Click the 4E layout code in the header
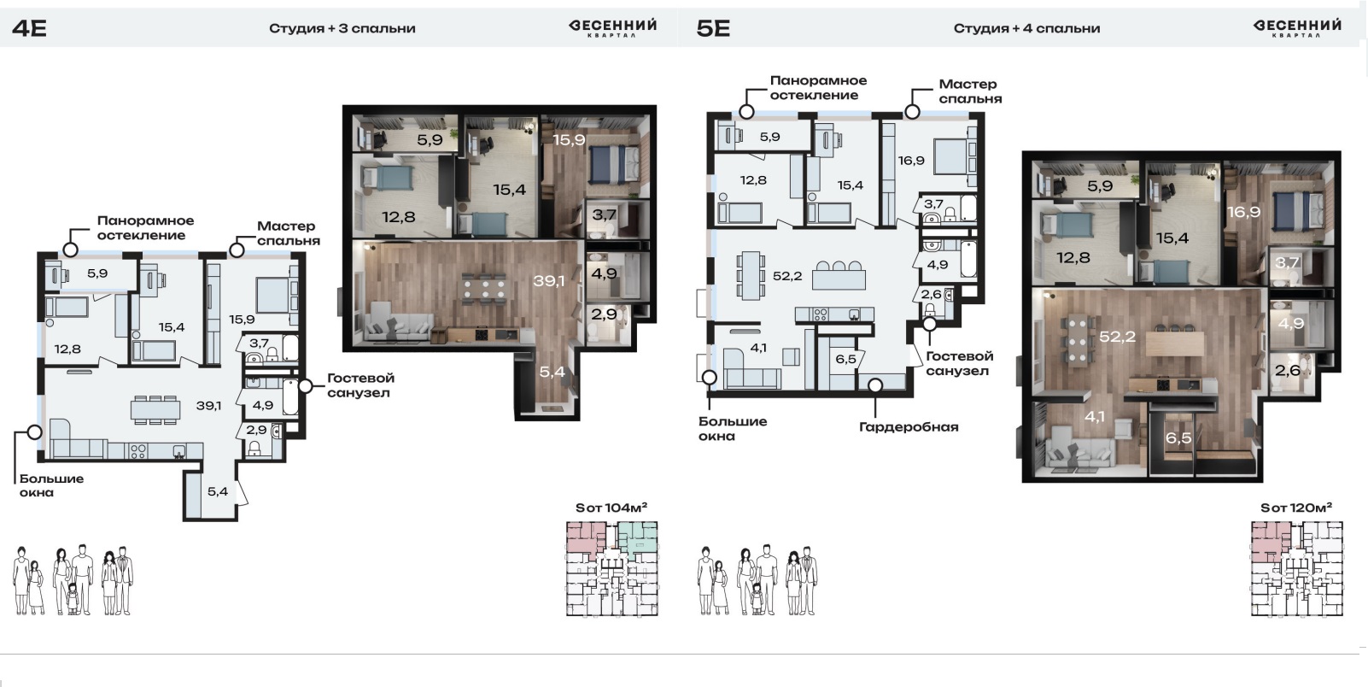(x=29, y=28)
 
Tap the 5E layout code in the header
(x=713, y=28)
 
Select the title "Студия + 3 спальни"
(x=342, y=28)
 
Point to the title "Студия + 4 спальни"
(x=1026, y=28)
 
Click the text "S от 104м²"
(x=611, y=508)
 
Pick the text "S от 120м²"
(x=1296, y=508)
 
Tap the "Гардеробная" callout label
(x=909, y=426)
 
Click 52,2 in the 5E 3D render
(x=1117, y=336)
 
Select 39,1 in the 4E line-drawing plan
(x=208, y=405)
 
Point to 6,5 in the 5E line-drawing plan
(x=846, y=359)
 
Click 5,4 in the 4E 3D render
(x=552, y=371)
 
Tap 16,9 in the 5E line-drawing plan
(x=911, y=160)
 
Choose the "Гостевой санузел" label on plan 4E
(x=360, y=385)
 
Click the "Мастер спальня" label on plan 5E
(x=970, y=91)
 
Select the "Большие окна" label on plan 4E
(x=51, y=485)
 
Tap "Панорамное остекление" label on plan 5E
(x=818, y=87)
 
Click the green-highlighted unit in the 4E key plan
(x=638, y=537)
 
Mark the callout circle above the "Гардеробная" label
(x=875, y=385)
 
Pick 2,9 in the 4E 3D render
(x=604, y=314)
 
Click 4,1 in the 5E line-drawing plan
(x=758, y=348)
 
